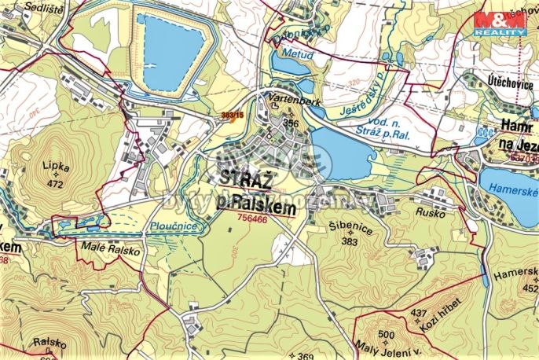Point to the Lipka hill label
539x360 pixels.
(x=57, y=167)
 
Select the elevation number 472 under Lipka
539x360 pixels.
(x=54, y=184)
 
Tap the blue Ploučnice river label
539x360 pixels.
(x=174, y=226)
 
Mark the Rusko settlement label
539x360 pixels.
(x=431, y=213)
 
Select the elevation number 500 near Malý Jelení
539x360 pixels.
(x=385, y=336)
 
